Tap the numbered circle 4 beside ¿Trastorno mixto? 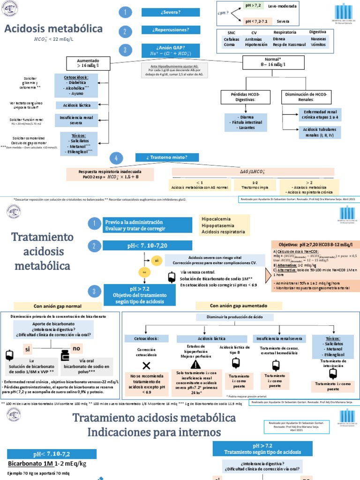115,158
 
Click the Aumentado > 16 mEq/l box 89,63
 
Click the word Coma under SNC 228,45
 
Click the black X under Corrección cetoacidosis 146,365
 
